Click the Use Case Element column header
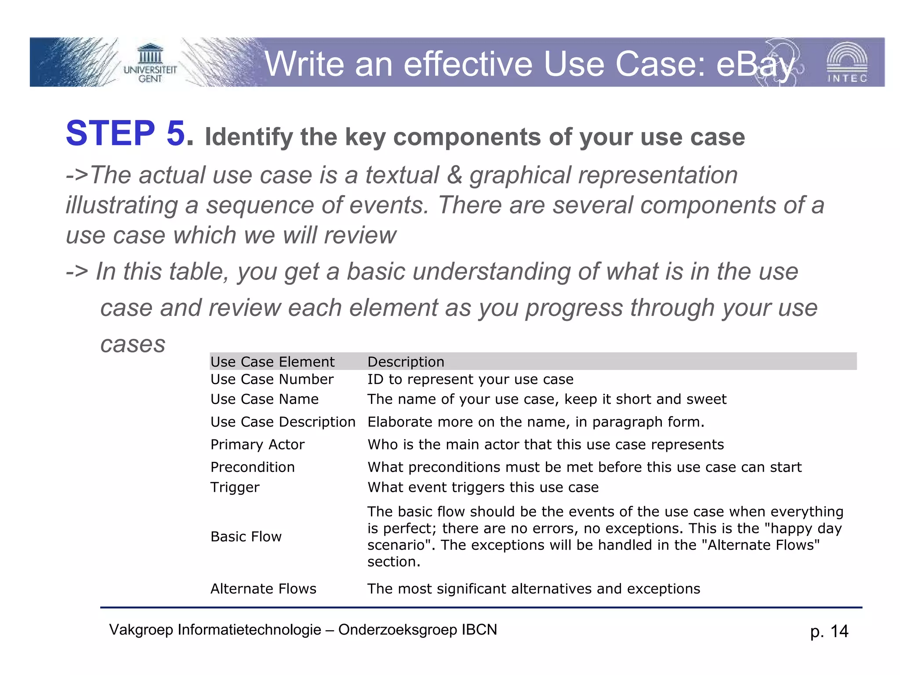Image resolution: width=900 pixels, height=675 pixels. point(272,362)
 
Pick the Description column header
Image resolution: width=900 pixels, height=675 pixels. point(406,362)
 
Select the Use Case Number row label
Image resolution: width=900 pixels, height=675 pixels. point(272,379)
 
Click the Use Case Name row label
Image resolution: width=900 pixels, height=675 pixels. point(265,399)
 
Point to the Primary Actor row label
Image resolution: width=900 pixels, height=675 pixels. point(258,444)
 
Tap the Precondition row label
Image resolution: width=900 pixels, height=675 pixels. point(253,467)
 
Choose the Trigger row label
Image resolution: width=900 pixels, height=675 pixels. point(235,487)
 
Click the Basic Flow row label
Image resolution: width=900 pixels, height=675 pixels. point(246,537)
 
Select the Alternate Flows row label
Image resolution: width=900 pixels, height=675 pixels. point(263,589)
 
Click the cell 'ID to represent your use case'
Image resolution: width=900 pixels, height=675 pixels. point(470,379)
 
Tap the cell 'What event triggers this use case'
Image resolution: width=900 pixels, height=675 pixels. point(483,487)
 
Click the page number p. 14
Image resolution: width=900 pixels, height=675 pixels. point(829,631)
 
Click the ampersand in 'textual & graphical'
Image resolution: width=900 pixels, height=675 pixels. point(454,175)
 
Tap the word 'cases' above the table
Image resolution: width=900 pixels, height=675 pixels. point(133,344)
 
